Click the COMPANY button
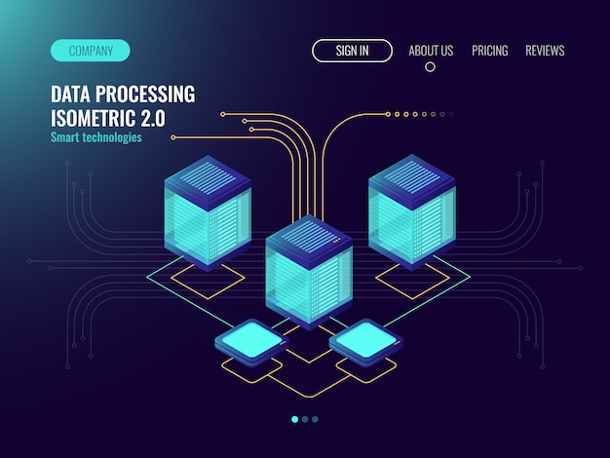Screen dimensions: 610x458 pyautogui.click(x=91, y=51)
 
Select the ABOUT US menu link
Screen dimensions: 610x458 pyautogui.click(x=431, y=51)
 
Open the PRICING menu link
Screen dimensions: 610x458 pyautogui.click(x=490, y=51)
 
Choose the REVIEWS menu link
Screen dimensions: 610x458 pyautogui.click(x=545, y=51)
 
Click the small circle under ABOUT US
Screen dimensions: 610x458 pyautogui.click(x=430, y=67)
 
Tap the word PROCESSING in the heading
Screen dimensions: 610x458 pyautogui.click(x=145, y=95)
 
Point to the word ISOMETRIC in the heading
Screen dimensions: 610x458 pyautogui.click(x=94, y=118)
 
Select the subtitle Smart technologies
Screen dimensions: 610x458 pyautogui.click(x=96, y=137)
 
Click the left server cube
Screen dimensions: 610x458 pyautogui.click(x=208, y=213)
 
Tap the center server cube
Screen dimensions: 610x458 pyautogui.click(x=309, y=273)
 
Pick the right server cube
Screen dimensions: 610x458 pyautogui.click(x=412, y=212)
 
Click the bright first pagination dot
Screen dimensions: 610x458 pyautogui.click(x=295, y=419)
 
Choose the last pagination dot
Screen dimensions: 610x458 pyautogui.click(x=315, y=419)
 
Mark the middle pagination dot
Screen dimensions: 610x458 pyautogui.click(x=305, y=419)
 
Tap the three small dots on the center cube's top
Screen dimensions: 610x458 pyautogui.click(x=336, y=241)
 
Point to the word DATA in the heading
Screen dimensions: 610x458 pyautogui.click(x=71, y=95)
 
